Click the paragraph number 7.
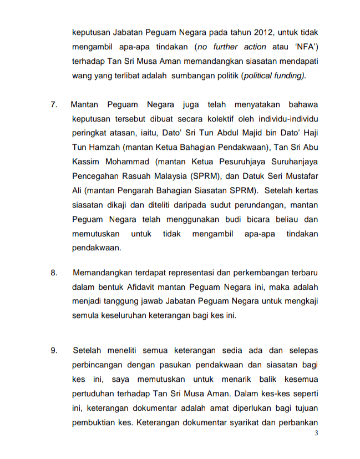[54, 104]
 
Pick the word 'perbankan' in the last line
[298, 422]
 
